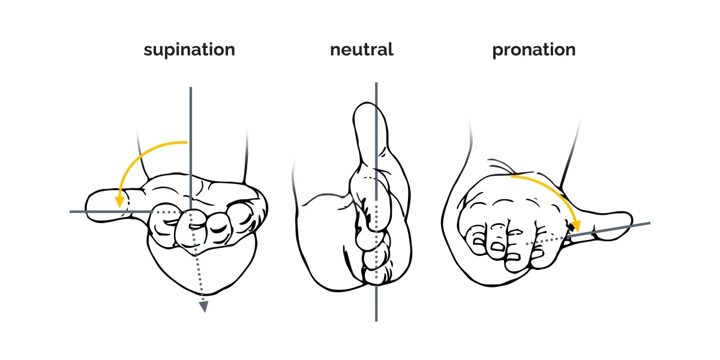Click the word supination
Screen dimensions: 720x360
click(190, 50)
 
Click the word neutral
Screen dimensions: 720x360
click(362, 49)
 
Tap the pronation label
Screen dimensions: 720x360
click(534, 50)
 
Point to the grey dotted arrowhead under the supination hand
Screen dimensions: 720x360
click(204, 307)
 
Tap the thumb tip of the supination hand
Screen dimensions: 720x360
click(88, 206)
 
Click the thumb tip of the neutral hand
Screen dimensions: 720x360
click(368, 106)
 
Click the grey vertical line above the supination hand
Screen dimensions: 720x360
click(191, 148)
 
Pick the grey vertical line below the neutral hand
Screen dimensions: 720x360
click(376, 304)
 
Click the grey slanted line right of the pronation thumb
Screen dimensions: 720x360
click(608, 229)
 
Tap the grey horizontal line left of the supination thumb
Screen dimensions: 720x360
click(111, 211)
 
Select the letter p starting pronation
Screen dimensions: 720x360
click(497, 52)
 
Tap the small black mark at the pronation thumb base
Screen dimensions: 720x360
click(571, 227)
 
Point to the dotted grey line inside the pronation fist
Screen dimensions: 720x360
click(546, 241)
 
